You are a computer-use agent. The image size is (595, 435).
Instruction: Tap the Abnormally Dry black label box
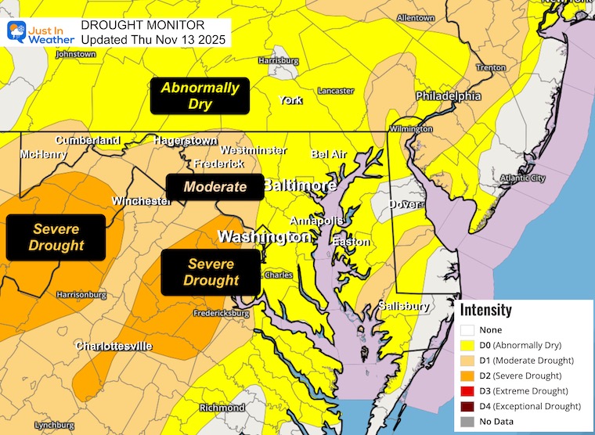[x=200, y=95]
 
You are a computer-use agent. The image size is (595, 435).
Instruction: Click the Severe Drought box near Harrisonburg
[x=56, y=237]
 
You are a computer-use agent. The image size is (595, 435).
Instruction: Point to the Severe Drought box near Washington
[x=211, y=272]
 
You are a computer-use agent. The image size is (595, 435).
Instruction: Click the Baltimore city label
[x=299, y=185]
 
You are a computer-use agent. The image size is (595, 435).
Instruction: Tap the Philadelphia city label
[x=448, y=96]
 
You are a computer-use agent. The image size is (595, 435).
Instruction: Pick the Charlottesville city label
[x=114, y=346]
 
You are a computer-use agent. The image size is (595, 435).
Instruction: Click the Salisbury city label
[x=404, y=306]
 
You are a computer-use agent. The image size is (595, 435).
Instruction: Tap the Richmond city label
[x=222, y=408]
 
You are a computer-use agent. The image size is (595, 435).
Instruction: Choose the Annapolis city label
[x=315, y=220]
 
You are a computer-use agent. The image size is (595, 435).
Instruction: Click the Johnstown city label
[x=76, y=54]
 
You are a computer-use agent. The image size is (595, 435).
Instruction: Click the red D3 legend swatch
[x=467, y=390]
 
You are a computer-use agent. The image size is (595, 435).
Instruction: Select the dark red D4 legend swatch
[x=467, y=406]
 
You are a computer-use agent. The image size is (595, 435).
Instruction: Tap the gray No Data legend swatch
[x=467, y=422]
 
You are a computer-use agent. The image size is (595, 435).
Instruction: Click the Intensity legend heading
[x=485, y=310]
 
